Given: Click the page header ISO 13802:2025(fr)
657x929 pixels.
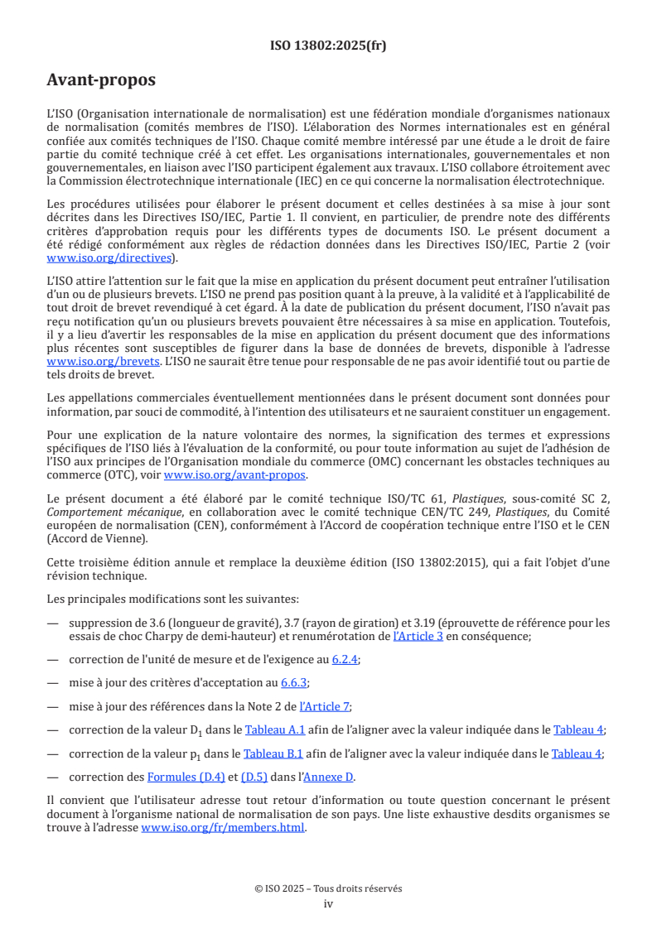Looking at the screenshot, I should [328, 46].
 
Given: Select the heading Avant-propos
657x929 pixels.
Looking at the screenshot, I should [101, 80].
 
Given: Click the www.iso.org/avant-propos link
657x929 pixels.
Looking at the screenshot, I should [234, 475].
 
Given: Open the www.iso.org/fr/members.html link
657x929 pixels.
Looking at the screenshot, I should [223, 828].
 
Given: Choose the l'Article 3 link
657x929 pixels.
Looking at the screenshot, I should [418, 637].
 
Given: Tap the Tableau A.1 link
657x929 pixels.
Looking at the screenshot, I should [269, 729].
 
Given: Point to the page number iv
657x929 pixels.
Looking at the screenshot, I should [328, 903].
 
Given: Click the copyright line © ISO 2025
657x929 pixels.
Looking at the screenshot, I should [328, 888].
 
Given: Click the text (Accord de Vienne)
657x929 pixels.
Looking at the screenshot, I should [96, 538].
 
